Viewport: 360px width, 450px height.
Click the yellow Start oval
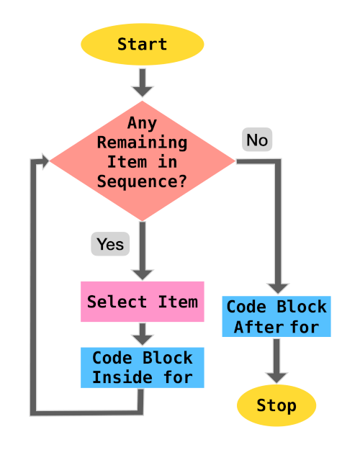[x=142, y=44]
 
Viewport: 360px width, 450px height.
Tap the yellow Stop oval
[x=276, y=405]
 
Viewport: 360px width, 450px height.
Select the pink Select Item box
[x=142, y=302]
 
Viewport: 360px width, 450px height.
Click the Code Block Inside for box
[x=142, y=367]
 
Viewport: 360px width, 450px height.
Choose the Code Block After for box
[x=276, y=317]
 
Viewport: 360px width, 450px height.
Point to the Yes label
[x=110, y=244]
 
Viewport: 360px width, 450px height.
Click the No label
[x=257, y=140]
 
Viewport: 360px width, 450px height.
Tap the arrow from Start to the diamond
[x=142, y=82]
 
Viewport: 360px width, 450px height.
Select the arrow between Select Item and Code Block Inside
[x=142, y=334]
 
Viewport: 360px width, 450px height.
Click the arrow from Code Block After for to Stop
[x=276, y=360]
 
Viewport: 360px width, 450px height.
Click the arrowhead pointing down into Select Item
[x=142, y=273]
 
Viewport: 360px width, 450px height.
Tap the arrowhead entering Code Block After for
[x=277, y=287]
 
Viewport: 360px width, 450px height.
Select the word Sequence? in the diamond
[x=142, y=181]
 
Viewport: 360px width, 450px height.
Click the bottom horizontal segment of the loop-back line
[x=86, y=412]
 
